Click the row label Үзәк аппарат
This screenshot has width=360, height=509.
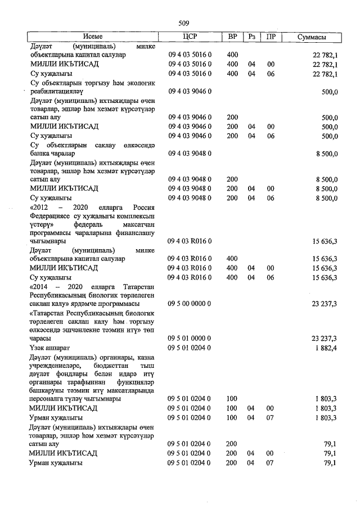click(49, 348)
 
